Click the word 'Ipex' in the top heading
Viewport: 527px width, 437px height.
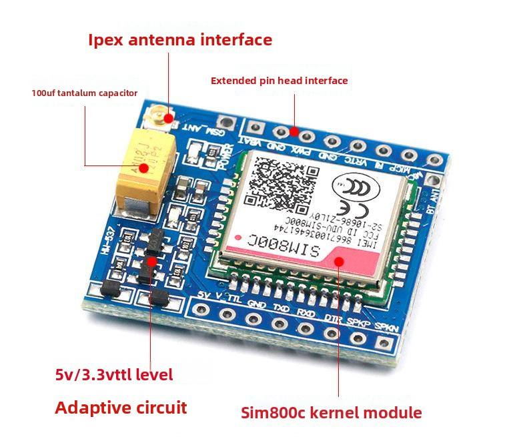coord(107,40)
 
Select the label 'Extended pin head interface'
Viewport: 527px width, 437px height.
coord(279,81)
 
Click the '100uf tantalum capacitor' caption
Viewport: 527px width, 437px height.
coord(84,93)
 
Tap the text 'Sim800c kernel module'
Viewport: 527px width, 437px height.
coord(331,413)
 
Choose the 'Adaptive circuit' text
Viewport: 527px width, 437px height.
coord(121,408)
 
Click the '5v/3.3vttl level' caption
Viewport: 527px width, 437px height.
coord(114,375)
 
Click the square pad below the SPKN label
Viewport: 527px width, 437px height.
coord(383,343)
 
